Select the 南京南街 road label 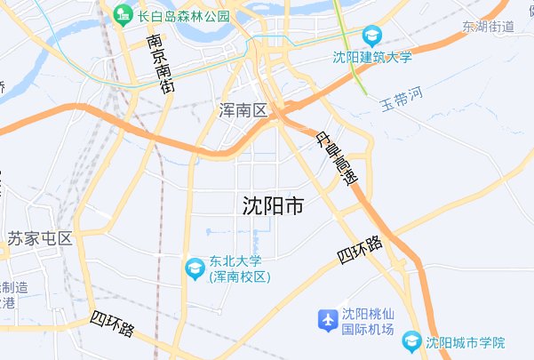point(161,65)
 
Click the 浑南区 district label point(243,111)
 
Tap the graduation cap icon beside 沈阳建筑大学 point(372,36)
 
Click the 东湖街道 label point(488,26)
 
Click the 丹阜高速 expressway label point(339,157)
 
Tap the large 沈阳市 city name point(273,206)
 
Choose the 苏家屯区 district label point(39,238)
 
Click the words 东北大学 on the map point(235,261)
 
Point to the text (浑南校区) point(240,277)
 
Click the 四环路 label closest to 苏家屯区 point(113,324)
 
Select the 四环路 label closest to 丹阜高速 point(360,251)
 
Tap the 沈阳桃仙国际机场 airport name point(369,321)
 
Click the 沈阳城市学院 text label point(465,342)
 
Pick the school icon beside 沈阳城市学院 point(411,341)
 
